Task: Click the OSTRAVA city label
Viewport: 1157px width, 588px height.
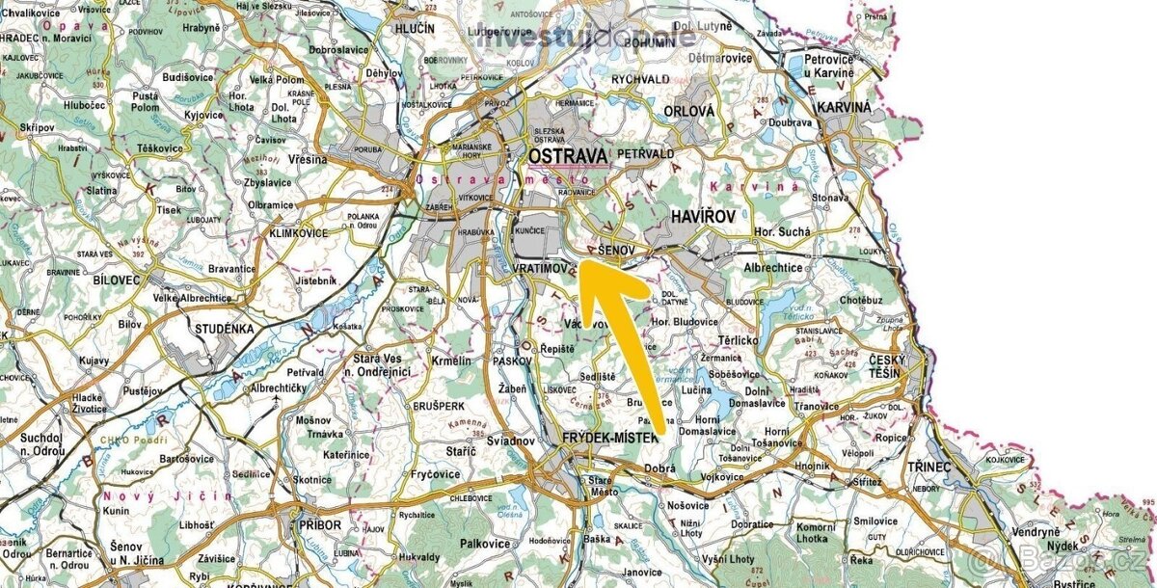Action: (x=568, y=155)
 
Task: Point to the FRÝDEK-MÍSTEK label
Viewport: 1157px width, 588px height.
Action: (x=609, y=438)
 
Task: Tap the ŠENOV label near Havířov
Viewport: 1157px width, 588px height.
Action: (x=616, y=250)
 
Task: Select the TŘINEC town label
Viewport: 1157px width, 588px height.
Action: (x=928, y=467)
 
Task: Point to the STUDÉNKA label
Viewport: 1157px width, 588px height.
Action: (x=224, y=329)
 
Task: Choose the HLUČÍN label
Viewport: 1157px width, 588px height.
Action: (x=416, y=29)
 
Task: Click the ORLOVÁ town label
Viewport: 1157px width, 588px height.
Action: (x=689, y=111)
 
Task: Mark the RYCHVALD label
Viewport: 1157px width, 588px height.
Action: (x=640, y=79)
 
